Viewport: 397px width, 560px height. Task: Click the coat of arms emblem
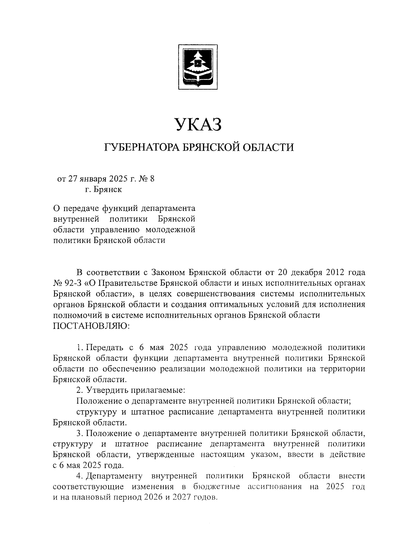(x=198, y=66)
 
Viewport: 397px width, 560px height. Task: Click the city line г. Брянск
(x=103, y=190)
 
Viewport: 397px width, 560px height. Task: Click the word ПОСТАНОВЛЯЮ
(x=92, y=326)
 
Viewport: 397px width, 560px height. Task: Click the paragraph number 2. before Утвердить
(x=79, y=390)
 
